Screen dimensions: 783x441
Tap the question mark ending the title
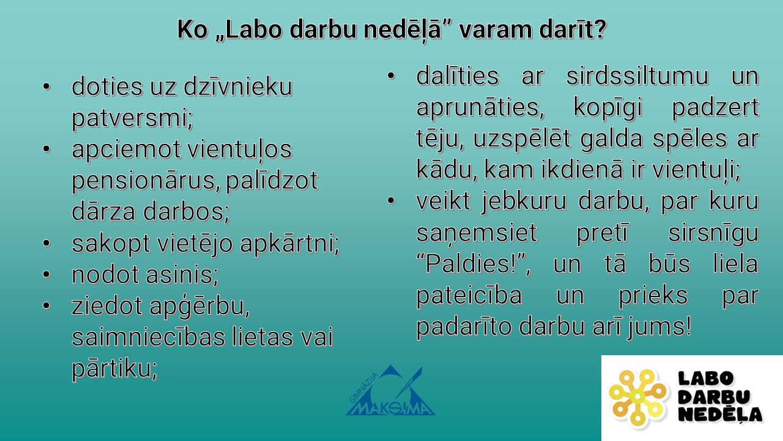pyautogui.click(x=599, y=29)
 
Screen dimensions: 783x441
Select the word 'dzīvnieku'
pyautogui.click(x=238, y=86)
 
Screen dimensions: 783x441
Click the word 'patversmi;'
pyautogui.click(x=132, y=118)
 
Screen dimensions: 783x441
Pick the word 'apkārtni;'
pyautogui.click(x=290, y=244)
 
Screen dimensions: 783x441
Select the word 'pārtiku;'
pyautogui.click(x=114, y=369)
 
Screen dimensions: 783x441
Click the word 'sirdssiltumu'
pyautogui.click(x=637, y=75)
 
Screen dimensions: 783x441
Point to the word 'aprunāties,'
pyautogui.click(x=480, y=107)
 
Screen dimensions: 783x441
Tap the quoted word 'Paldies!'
pyautogui.click(x=472, y=263)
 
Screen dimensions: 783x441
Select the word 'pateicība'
pyautogui.click(x=469, y=296)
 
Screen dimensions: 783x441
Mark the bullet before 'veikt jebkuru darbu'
pyautogui.click(x=391, y=200)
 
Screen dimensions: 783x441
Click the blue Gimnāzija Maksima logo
pyautogui.click(x=390, y=391)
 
